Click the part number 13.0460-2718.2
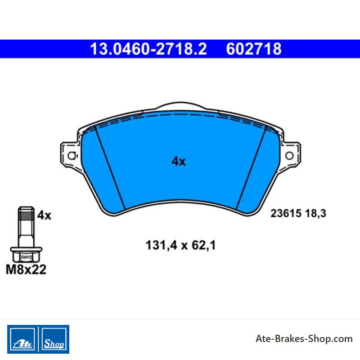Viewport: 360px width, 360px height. tap(148, 49)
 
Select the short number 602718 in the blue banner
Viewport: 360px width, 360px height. tap(254, 49)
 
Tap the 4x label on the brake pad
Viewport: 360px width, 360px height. tap(179, 161)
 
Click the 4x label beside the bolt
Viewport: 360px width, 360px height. tap(44, 216)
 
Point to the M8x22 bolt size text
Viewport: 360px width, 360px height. tap(26, 269)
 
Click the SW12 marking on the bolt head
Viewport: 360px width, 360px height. tap(26, 257)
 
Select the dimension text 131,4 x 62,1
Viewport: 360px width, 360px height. tap(181, 245)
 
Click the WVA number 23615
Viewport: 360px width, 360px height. tap(286, 213)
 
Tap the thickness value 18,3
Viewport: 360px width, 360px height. tap(316, 213)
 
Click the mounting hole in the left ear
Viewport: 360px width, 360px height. tap(72, 156)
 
